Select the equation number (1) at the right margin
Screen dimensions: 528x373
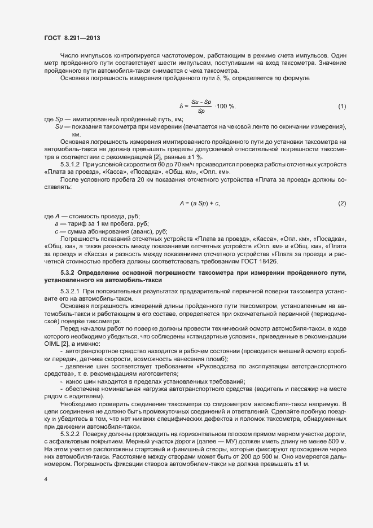[x=341, y=107]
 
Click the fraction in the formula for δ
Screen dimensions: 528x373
[x=201, y=106]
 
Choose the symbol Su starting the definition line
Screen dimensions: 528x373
[x=58, y=127]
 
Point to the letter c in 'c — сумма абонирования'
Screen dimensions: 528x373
[x=56, y=231]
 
